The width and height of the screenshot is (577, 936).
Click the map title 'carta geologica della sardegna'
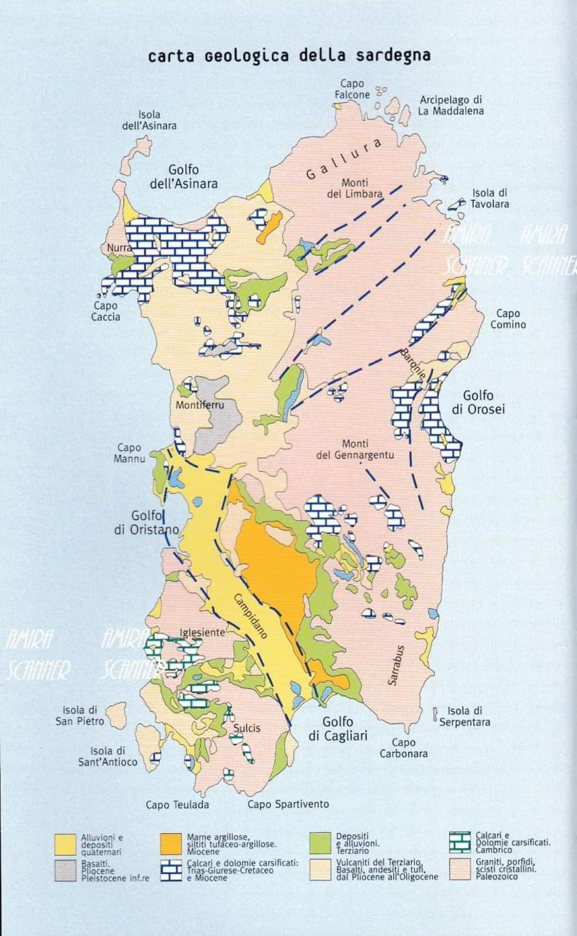288,56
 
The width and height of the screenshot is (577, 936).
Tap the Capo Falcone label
353,89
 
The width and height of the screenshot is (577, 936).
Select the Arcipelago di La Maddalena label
451,105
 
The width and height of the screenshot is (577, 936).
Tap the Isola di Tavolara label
490,198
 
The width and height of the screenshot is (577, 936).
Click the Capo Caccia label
106,311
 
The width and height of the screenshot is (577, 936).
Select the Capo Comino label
511,318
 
